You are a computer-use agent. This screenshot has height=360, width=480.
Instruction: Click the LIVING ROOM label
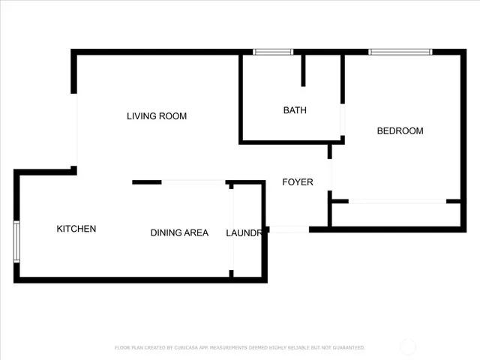(156, 116)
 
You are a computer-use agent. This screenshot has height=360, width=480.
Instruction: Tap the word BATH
(294, 110)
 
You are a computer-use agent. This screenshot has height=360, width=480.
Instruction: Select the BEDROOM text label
(399, 131)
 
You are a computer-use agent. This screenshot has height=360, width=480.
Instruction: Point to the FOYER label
(297, 182)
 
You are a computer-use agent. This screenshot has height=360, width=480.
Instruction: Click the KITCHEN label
(76, 229)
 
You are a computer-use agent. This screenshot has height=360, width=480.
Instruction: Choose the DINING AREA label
(179, 233)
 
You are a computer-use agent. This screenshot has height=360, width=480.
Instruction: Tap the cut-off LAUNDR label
(244, 233)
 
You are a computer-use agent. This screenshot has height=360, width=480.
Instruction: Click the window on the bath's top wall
(272, 52)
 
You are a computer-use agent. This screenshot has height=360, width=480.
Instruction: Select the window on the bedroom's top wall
(400, 52)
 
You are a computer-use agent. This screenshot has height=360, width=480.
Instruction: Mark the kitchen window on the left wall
(16, 241)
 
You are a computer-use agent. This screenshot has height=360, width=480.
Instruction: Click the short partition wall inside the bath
(304, 70)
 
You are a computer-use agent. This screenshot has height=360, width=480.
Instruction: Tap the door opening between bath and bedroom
(343, 119)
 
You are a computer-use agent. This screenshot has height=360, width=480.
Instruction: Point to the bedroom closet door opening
(397, 201)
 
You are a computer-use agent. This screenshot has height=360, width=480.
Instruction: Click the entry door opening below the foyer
(288, 229)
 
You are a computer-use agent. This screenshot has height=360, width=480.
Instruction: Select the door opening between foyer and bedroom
(330, 175)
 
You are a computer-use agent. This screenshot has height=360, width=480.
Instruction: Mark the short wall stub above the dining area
(147, 182)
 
